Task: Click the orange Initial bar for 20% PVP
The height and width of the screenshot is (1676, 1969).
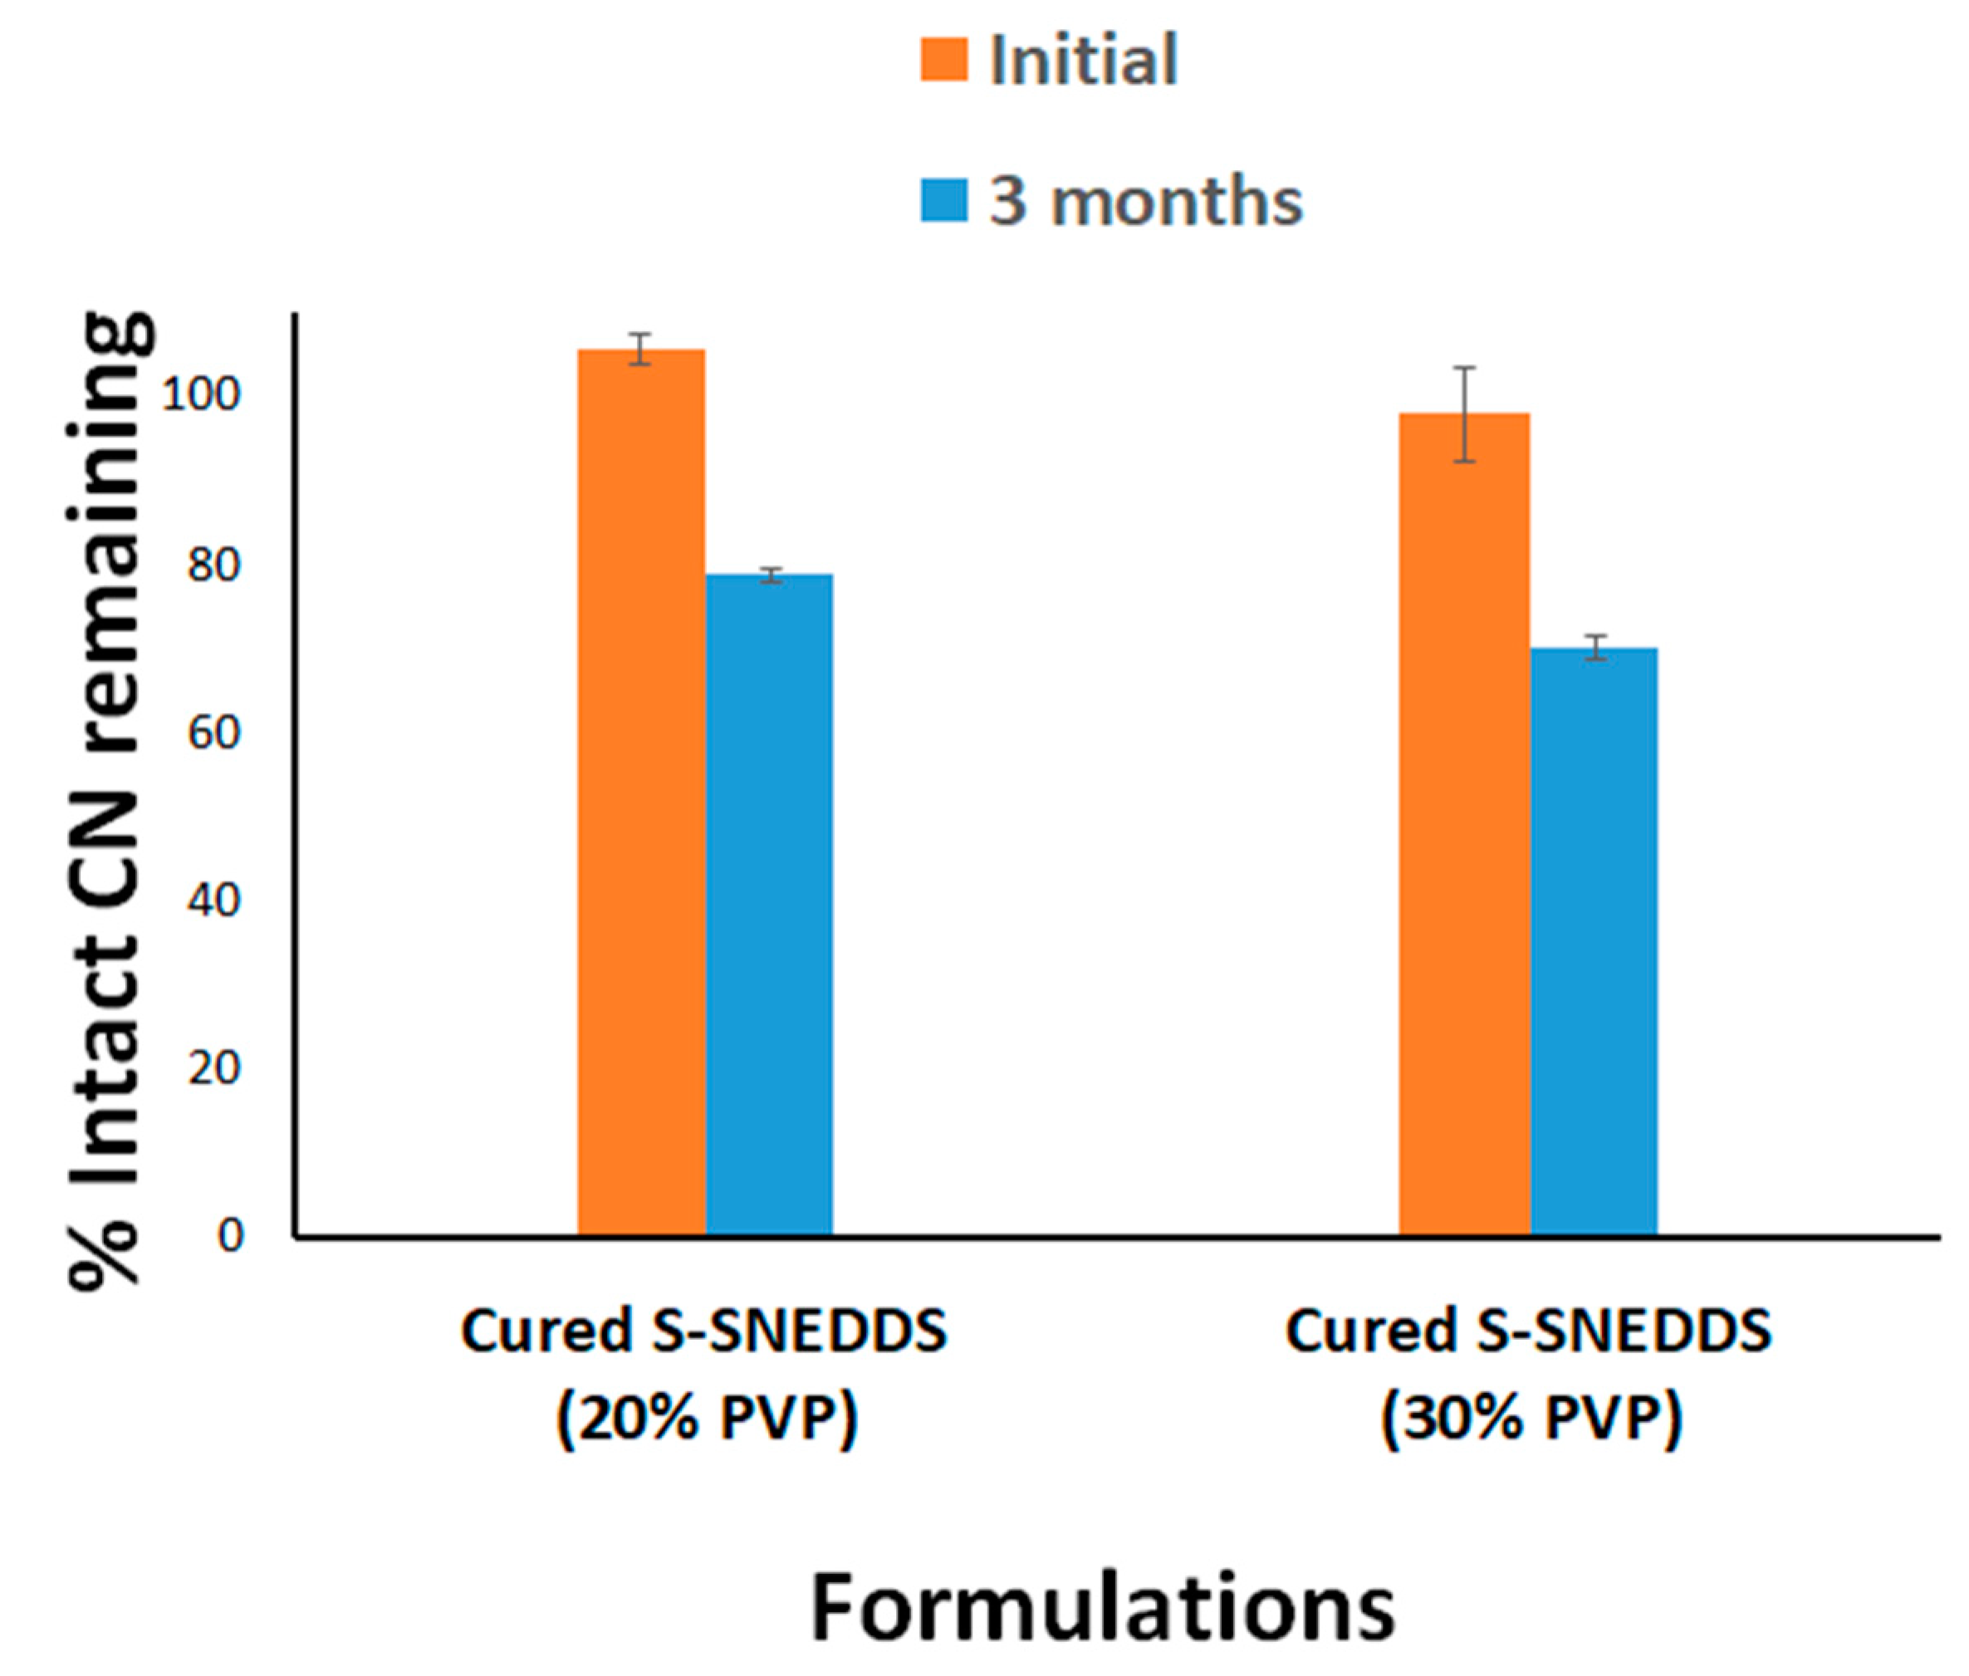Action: click(x=641, y=794)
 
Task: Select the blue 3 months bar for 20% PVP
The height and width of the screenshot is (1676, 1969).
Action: click(x=769, y=902)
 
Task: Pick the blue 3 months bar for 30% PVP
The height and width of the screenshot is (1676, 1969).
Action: click(x=1594, y=941)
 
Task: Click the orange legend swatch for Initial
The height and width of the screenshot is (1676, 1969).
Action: click(x=943, y=60)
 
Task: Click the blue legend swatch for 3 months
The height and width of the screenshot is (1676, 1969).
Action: click(x=943, y=201)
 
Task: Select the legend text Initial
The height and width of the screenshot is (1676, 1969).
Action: click(x=1084, y=60)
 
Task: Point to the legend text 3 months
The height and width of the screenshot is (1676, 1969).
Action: click(x=1145, y=202)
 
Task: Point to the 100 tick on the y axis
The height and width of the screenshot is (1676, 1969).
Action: click(x=202, y=394)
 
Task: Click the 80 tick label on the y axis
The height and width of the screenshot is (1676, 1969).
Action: click(x=213, y=564)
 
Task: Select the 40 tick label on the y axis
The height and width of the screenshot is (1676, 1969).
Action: click(x=213, y=901)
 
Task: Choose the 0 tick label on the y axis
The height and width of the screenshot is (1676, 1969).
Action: click(x=230, y=1236)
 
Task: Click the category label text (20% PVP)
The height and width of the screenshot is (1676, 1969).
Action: click(x=707, y=1419)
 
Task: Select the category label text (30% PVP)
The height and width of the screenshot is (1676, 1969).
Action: click(x=1531, y=1419)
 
